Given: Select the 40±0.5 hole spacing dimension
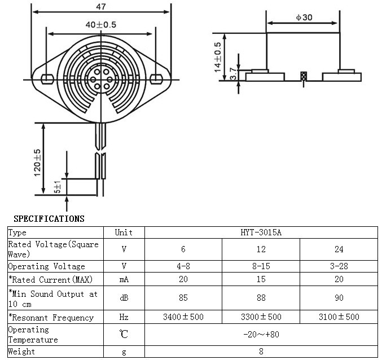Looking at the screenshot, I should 101,25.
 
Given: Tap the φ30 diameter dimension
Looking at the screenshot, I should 304,17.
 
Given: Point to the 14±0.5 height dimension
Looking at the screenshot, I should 217,56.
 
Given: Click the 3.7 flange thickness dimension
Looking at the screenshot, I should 233,74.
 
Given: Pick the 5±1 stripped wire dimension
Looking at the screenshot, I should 57,187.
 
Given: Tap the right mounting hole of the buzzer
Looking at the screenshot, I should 157,77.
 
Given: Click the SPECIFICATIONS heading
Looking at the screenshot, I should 49,219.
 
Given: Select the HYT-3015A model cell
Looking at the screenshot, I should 261,232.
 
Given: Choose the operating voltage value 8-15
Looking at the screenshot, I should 261,266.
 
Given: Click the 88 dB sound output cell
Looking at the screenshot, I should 261,298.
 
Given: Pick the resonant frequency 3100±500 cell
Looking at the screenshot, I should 338,317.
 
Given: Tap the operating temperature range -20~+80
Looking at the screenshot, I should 261,334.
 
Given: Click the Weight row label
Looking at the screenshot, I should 21,352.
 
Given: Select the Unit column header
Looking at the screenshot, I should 124,232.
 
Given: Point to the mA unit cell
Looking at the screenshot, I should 124,279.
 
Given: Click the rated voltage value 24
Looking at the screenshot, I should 338,249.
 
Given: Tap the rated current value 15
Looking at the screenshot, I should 261,279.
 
